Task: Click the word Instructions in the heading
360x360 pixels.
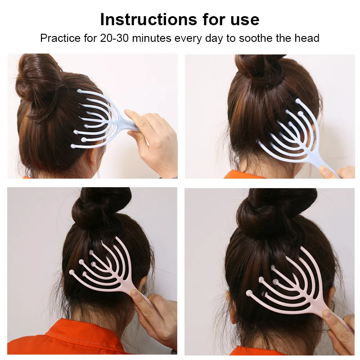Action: [148, 19]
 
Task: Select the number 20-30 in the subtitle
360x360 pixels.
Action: [114, 38]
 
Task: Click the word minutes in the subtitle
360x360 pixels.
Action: [152, 38]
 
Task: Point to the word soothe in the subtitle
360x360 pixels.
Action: [256, 38]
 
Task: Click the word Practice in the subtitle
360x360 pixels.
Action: [60, 38]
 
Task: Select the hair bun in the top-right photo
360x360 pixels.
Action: [260, 67]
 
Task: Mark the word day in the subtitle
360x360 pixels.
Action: [214, 39]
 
